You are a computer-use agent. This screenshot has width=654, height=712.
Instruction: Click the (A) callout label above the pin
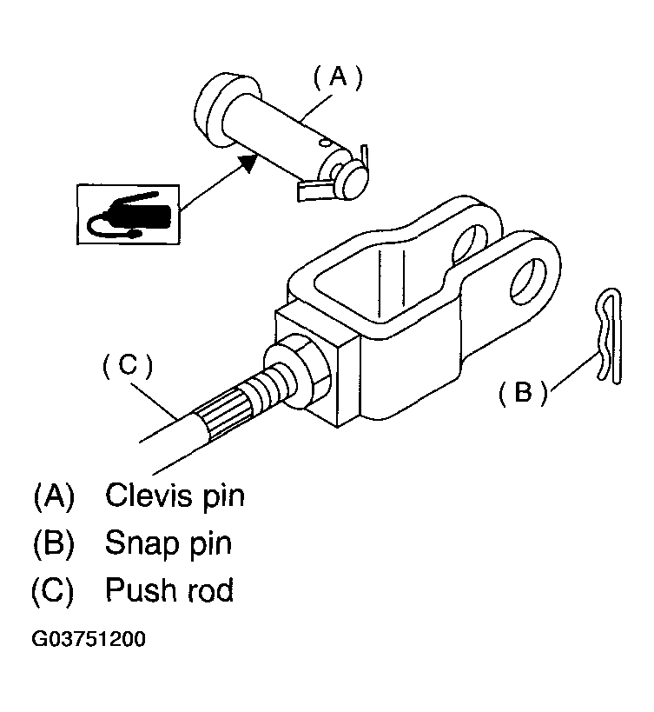pyautogui.click(x=339, y=77)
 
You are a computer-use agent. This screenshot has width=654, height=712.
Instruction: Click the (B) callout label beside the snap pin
pyautogui.click(x=523, y=391)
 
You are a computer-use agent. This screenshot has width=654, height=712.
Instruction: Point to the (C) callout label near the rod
pyautogui.click(x=128, y=365)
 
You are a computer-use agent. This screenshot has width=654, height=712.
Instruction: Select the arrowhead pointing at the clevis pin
pyautogui.click(x=248, y=162)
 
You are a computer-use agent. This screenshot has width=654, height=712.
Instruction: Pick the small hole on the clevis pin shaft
pyautogui.click(x=324, y=143)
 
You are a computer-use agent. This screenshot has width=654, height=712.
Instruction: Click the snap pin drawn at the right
pyautogui.click(x=608, y=336)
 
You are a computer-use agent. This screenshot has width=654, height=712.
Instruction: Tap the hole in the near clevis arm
pyautogui.click(x=529, y=282)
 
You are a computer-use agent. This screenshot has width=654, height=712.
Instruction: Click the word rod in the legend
pyautogui.click(x=211, y=590)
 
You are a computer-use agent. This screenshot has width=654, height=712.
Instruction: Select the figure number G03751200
pyautogui.click(x=89, y=639)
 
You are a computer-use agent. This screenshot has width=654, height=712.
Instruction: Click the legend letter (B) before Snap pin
pyautogui.click(x=54, y=542)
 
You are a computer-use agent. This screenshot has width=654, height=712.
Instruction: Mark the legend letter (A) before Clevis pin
pyautogui.click(x=54, y=496)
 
